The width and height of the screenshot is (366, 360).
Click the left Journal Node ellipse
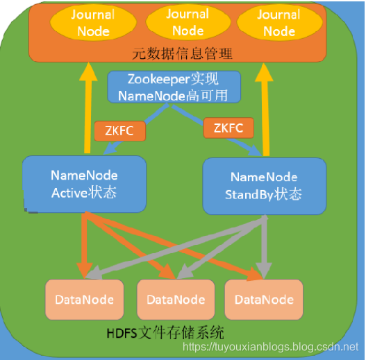click(x=93, y=24)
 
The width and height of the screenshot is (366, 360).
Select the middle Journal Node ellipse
click(x=188, y=23)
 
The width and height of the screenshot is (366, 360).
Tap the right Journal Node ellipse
click(x=279, y=24)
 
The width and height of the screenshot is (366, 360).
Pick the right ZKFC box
click(x=228, y=128)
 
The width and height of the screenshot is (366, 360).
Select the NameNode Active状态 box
click(x=84, y=185)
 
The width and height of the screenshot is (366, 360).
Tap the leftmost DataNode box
click(x=83, y=300)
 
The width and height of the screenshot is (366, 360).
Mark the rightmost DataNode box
click(x=264, y=300)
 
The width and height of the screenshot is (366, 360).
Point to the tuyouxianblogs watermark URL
click(x=270, y=345)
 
